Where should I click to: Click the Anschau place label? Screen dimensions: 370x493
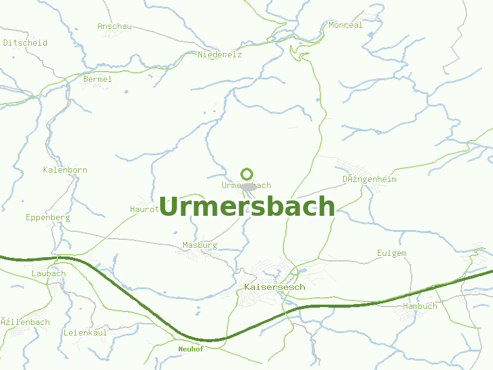(115, 26)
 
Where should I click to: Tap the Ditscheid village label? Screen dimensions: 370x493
(25, 43)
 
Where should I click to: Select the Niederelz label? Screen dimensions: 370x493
(220, 54)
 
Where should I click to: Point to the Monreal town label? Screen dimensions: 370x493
(346, 25)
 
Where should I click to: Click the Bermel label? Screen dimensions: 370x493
(97, 79)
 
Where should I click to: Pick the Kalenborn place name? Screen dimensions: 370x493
(65, 170)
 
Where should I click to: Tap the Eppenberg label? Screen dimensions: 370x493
(48, 217)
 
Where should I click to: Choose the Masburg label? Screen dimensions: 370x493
(200, 245)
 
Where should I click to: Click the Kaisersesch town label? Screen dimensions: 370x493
(274, 287)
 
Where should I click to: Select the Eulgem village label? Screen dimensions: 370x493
(392, 253)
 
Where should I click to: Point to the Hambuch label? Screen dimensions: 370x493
(420, 306)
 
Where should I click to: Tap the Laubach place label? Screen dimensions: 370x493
(48, 273)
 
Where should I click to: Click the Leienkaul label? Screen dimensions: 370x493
(85, 332)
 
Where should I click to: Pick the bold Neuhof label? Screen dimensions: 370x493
(190, 348)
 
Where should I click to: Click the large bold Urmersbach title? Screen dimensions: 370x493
(246, 207)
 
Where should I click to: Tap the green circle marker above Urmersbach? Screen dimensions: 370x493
(246, 174)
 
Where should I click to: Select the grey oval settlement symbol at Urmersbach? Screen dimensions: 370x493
(248, 186)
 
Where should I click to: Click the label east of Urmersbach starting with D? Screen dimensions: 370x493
(370, 179)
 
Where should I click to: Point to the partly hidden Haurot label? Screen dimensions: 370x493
(144, 209)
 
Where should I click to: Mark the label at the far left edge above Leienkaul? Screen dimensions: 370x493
(25, 322)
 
